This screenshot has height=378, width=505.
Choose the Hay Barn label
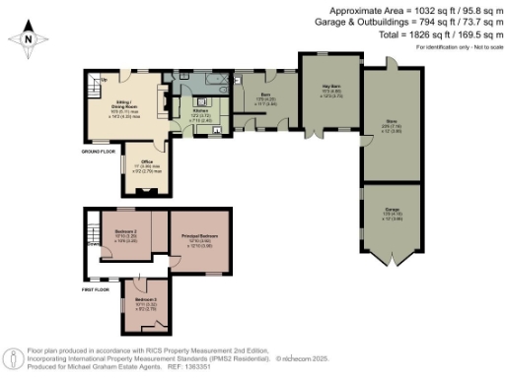click(x=327, y=92)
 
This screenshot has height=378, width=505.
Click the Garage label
click(x=392, y=210)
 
